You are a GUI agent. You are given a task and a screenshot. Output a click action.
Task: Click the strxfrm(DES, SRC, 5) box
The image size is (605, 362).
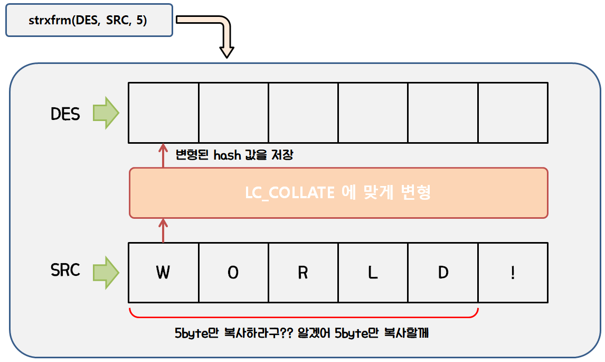pyautogui.click(x=89, y=21)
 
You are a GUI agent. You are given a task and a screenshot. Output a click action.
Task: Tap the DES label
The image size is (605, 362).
pyautogui.click(x=65, y=114)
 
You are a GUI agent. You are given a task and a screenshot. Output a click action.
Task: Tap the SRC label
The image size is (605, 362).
pyautogui.click(x=65, y=270)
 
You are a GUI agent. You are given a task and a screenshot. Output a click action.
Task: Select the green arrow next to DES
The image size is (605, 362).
pyautogui.click(x=106, y=113)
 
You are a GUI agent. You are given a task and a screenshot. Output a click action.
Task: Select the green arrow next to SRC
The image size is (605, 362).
pyautogui.click(x=106, y=272)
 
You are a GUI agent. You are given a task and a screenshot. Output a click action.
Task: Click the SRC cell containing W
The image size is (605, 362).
pyautogui.click(x=164, y=273)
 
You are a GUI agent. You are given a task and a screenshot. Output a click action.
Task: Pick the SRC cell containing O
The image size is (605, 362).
pyautogui.click(x=233, y=273)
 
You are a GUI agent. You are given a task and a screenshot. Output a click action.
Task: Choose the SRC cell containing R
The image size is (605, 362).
pyautogui.click(x=303, y=273)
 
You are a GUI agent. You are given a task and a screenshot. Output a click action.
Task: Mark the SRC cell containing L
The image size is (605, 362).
pyautogui.click(x=373, y=273)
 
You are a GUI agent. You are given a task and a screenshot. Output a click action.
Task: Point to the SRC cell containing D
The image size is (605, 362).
pyautogui.click(x=442, y=273)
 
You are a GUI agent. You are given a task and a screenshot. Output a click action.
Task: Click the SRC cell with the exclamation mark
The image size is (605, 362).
pyautogui.click(x=513, y=273)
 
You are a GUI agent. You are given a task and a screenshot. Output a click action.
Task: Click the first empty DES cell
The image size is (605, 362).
pyautogui.click(x=164, y=113)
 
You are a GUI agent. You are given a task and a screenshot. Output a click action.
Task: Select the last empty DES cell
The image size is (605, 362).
pyautogui.click(x=513, y=113)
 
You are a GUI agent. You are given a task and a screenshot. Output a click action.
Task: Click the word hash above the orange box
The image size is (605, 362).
pyautogui.click(x=226, y=155)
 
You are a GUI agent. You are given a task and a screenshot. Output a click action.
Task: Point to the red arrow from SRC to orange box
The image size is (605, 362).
pyautogui.click(x=163, y=230)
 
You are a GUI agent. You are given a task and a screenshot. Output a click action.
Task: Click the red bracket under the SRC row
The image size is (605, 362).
pyautogui.click(x=304, y=317)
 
